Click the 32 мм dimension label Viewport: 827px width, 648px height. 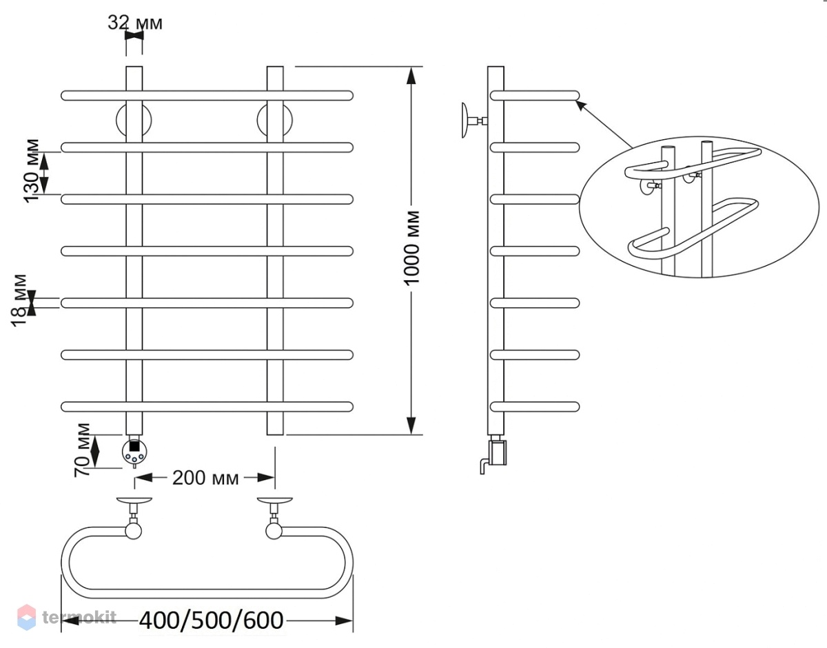pyautogui.click(x=135, y=23)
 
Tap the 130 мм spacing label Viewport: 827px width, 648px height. pyautogui.click(x=31, y=171)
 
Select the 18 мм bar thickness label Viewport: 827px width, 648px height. pyautogui.click(x=19, y=300)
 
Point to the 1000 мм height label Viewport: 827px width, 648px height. pyautogui.click(x=411, y=247)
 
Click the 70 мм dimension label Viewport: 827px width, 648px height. pyautogui.click(x=82, y=450)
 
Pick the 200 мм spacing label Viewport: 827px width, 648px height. pyautogui.click(x=205, y=478)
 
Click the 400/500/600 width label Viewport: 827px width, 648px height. pyautogui.click(x=211, y=620)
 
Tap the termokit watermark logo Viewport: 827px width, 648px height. pyautogui.click(x=67, y=617)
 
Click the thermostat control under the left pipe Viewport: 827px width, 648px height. pyautogui.click(x=134, y=452)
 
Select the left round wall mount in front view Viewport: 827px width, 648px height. pyautogui.click(x=134, y=121)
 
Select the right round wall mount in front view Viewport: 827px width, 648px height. pyautogui.click(x=275, y=121)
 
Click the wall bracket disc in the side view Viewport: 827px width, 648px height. pyautogui.click(x=465, y=121)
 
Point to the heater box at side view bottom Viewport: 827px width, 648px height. pyautogui.click(x=498, y=453)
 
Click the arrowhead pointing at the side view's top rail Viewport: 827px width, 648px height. pyautogui.click(x=581, y=106)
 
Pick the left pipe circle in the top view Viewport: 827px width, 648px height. pyautogui.click(x=133, y=531)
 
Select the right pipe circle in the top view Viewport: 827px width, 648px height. pyautogui.click(x=274, y=531)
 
